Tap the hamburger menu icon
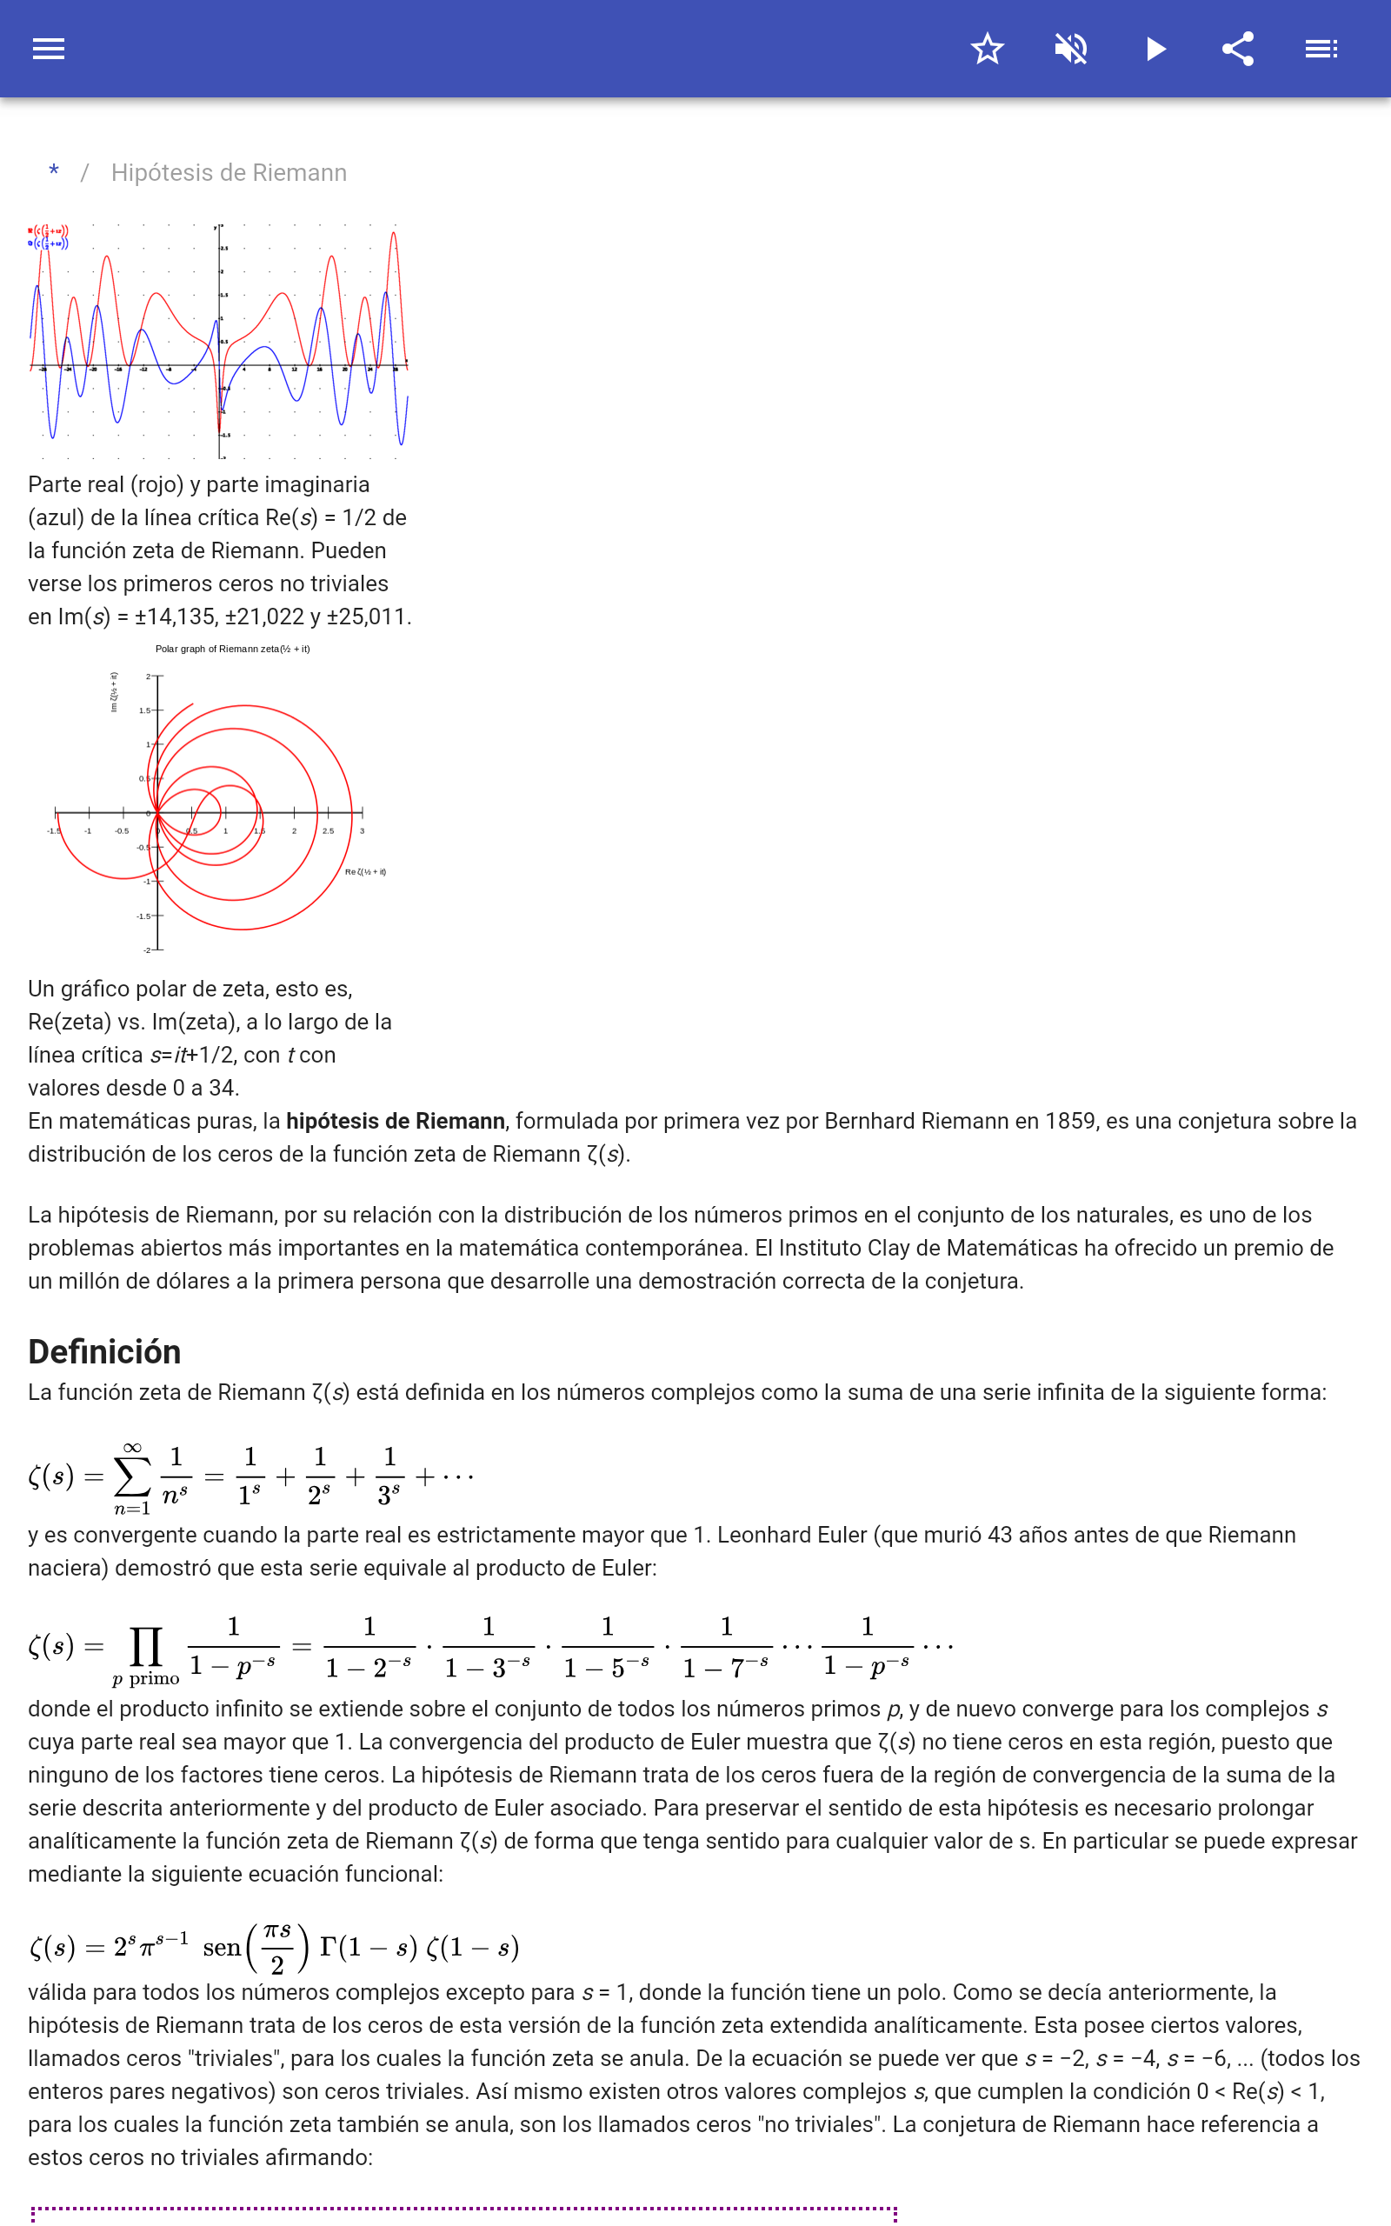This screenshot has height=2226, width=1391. click(x=49, y=49)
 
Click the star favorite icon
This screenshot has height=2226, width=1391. click(x=987, y=49)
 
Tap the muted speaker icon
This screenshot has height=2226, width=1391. click(x=1071, y=49)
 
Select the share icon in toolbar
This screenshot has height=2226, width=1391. click(x=1238, y=49)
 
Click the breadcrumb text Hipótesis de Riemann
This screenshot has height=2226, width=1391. click(x=229, y=173)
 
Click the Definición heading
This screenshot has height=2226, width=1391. click(x=105, y=1351)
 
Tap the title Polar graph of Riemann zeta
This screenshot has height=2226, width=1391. click(x=233, y=649)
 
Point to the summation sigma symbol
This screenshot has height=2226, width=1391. click(x=131, y=1476)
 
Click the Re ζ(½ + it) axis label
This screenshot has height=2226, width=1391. click(x=365, y=871)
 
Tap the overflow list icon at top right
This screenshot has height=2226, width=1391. click(x=1321, y=49)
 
